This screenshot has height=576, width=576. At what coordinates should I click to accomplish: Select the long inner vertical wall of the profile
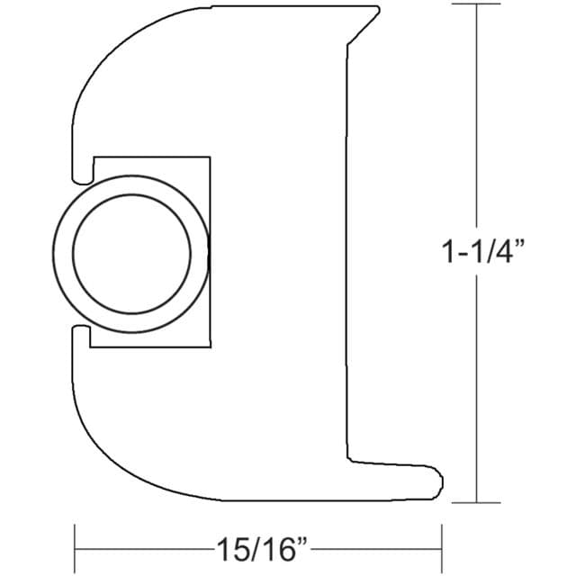(347, 252)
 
